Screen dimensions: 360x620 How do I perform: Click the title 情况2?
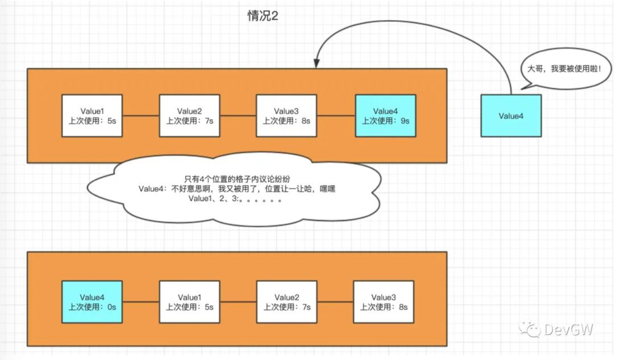pyautogui.click(x=263, y=16)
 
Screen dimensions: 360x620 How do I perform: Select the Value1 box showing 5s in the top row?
pyautogui.click(x=92, y=116)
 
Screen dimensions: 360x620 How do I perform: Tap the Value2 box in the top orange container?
pyautogui.click(x=189, y=116)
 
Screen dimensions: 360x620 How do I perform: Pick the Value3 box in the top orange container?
pyautogui.click(x=286, y=116)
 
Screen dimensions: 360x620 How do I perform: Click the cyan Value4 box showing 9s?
pyautogui.click(x=386, y=116)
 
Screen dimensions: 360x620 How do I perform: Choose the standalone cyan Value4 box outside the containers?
pyautogui.click(x=511, y=116)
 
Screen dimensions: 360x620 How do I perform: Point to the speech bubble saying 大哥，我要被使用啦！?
pyautogui.click(x=566, y=69)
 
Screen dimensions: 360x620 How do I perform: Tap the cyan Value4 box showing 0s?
pyautogui.click(x=92, y=302)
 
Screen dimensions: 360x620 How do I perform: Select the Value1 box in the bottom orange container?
pyautogui.click(x=189, y=302)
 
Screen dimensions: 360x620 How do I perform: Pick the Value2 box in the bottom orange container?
pyautogui.click(x=287, y=302)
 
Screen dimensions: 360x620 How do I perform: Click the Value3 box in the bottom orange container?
pyautogui.click(x=384, y=302)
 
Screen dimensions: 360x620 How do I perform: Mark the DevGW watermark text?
pyautogui.click(x=568, y=330)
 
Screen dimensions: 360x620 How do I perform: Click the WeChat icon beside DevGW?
pyautogui.click(x=529, y=330)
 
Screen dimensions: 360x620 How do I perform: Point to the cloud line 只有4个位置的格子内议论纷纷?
pyautogui.click(x=236, y=179)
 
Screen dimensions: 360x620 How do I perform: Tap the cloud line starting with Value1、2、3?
pyautogui.click(x=234, y=199)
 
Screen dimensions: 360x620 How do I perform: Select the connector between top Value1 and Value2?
pyautogui.click(x=141, y=116)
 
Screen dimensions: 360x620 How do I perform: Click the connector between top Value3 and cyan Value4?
pyautogui.click(x=336, y=116)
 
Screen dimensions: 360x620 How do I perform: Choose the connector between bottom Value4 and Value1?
pyautogui.click(x=141, y=302)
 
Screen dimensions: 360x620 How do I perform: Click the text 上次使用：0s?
pyautogui.click(x=92, y=307)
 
